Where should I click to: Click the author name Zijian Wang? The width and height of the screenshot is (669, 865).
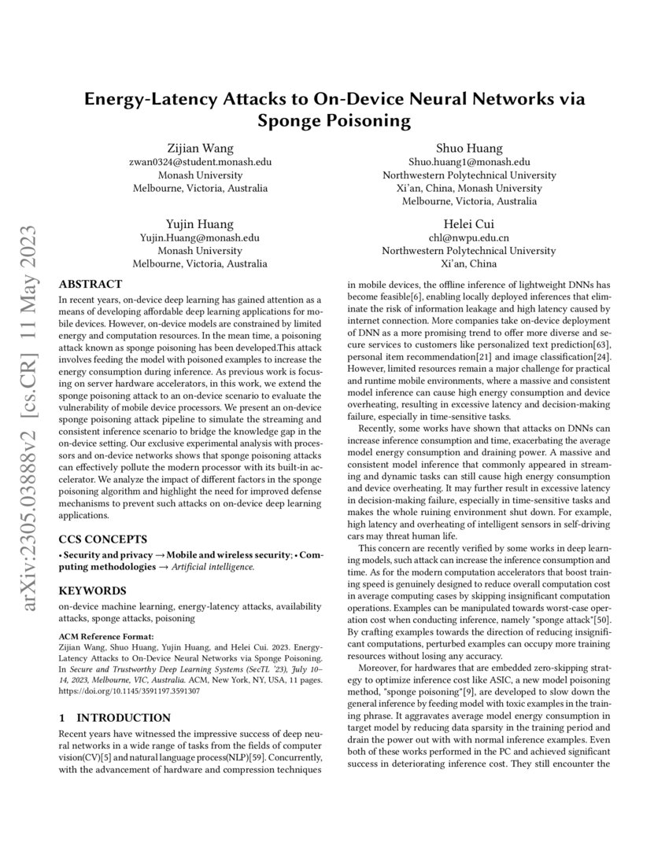click(x=200, y=148)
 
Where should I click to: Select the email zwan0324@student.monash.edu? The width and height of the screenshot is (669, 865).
click(x=200, y=162)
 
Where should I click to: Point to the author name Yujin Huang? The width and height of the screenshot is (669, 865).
click(x=200, y=223)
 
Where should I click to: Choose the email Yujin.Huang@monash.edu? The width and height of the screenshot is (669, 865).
click(x=200, y=237)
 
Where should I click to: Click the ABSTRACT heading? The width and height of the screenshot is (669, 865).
click(x=91, y=284)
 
